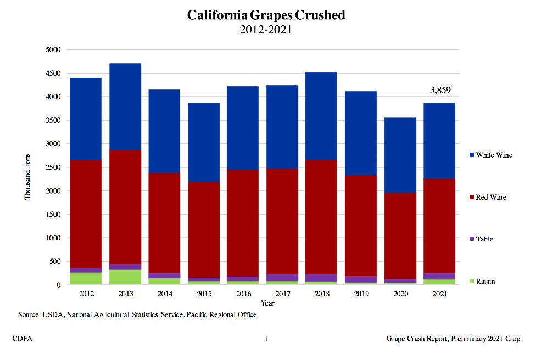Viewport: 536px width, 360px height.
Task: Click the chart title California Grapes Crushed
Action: tap(266, 15)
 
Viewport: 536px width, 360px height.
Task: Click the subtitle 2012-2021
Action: tap(266, 30)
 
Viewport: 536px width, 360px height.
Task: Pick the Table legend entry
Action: tap(484, 239)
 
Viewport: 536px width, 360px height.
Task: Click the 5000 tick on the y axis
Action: tap(52, 50)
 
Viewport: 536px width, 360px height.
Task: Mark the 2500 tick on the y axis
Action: tap(52, 167)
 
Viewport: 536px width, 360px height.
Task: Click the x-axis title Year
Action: tap(267, 303)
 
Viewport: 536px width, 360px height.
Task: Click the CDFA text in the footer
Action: tap(22, 339)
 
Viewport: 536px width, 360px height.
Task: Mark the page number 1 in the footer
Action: tap(266, 339)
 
